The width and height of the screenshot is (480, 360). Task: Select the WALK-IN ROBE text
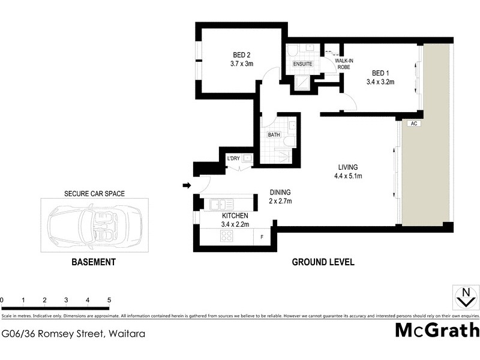[x=344, y=64]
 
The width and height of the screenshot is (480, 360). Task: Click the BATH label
[x=274, y=135]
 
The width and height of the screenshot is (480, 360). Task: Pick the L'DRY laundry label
[x=233, y=158]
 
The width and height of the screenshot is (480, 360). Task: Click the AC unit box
[x=413, y=124]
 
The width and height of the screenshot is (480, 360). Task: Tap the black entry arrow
[x=187, y=185]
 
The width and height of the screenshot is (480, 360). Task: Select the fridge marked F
[x=261, y=238]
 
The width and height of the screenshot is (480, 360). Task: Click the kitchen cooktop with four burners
[x=227, y=236]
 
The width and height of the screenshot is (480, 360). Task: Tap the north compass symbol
[x=464, y=298]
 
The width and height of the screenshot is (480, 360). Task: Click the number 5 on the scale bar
[x=109, y=300]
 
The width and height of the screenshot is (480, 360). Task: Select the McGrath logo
[x=437, y=331]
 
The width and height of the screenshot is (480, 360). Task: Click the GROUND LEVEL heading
[x=323, y=262]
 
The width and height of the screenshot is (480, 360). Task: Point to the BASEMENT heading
[x=93, y=262]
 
